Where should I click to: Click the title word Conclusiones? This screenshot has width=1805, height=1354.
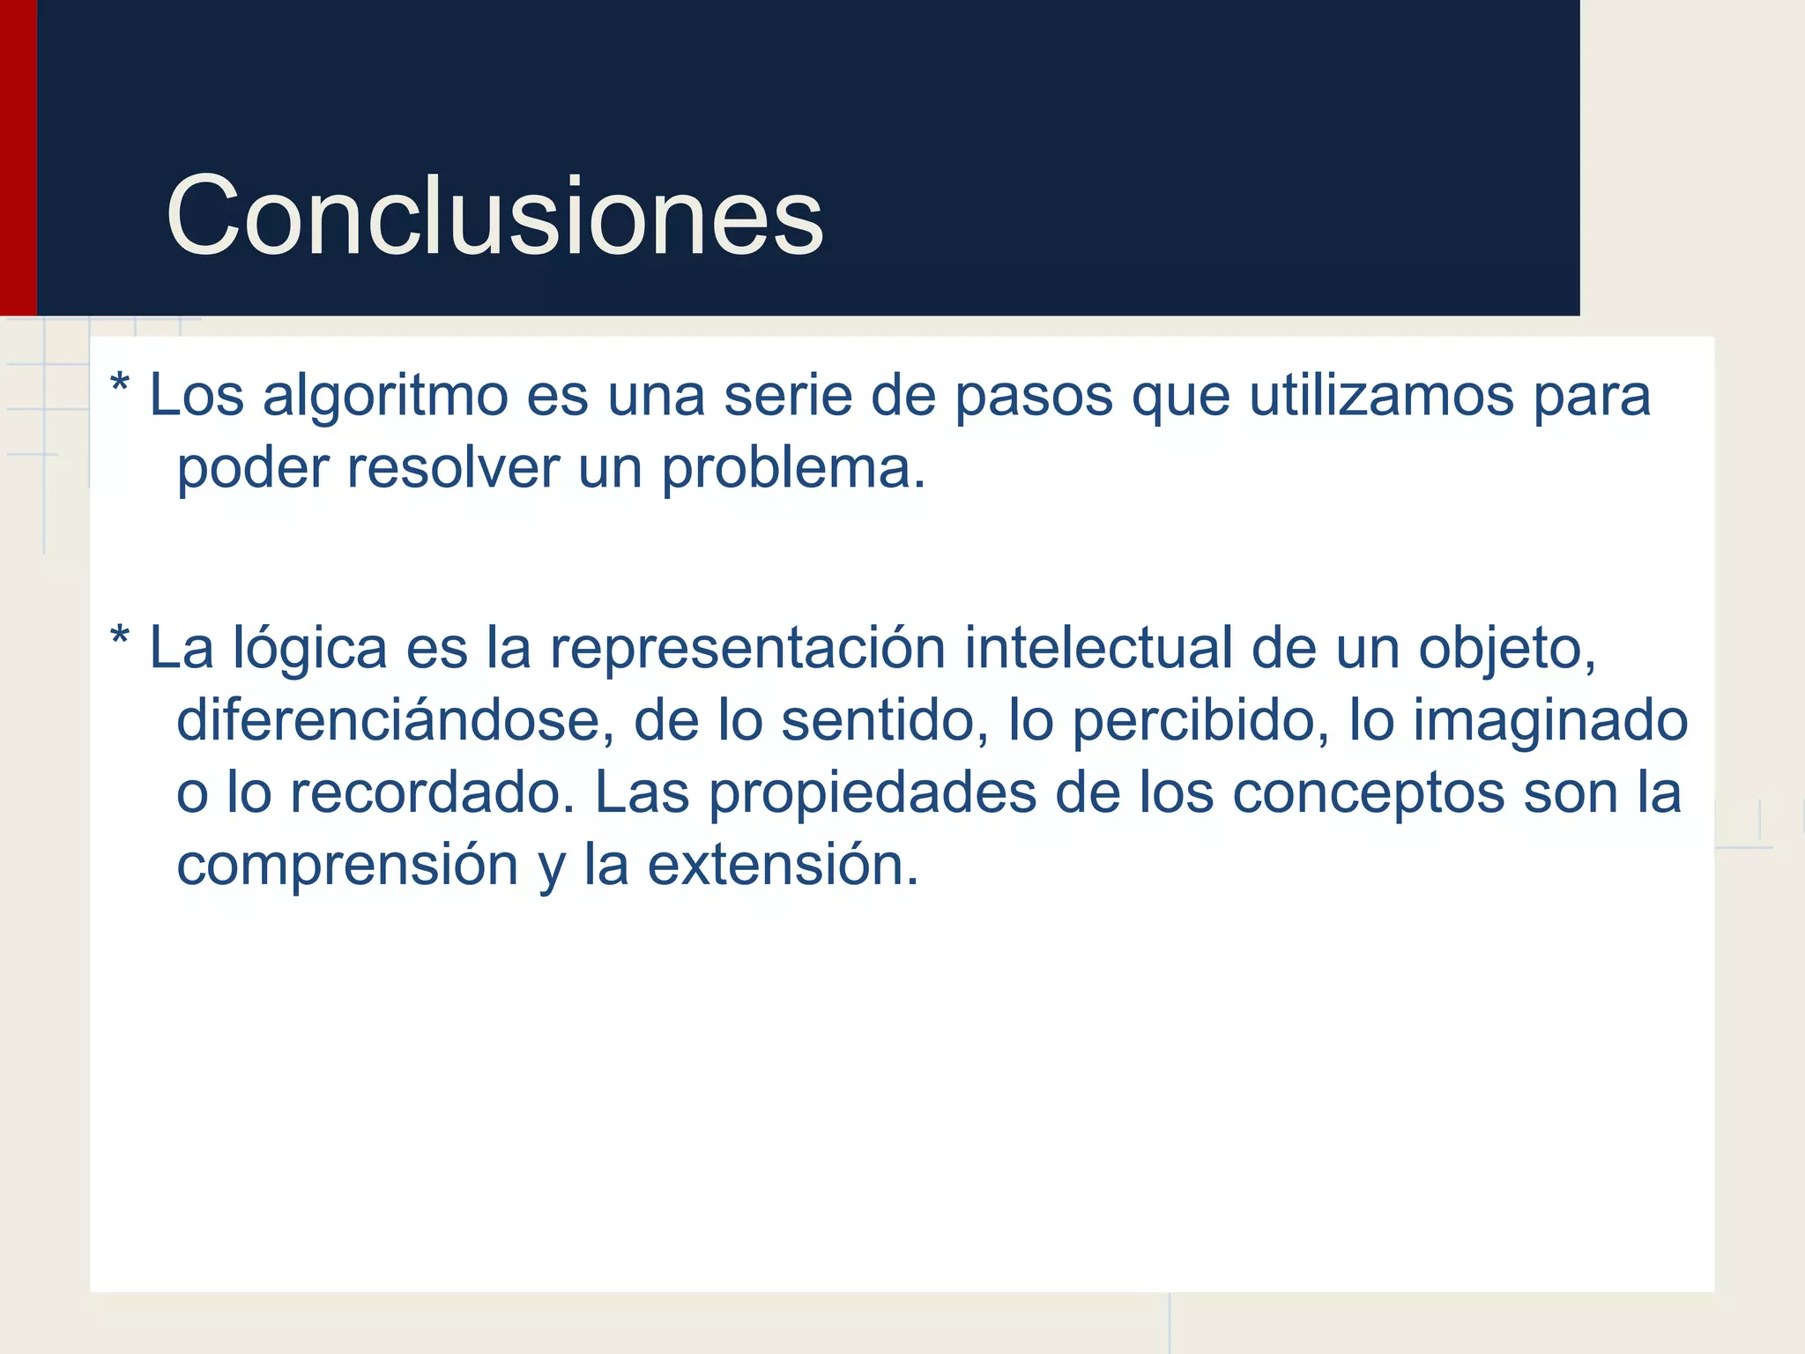click(x=494, y=216)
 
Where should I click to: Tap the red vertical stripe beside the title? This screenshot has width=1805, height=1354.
click(x=18, y=159)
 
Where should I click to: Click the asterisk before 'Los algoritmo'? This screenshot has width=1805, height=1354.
click(x=120, y=388)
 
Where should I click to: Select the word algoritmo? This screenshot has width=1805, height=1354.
click(x=385, y=397)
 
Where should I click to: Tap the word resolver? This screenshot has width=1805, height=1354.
click(x=452, y=469)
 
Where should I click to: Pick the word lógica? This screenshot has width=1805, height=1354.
click(x=309, y=650)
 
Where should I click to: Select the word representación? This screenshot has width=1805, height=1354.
click(x=747, y=650)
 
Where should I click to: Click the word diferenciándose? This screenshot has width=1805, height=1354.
click(x=394, y=721)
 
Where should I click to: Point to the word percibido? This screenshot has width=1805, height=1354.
click(x=1200, y=721)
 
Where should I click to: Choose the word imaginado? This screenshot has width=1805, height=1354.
click(x=1550, y=721)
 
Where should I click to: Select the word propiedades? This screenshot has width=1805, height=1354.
click(x=873, y=793)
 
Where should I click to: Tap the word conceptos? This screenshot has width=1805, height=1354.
click(x=1368, y=793)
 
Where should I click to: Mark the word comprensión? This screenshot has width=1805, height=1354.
click(x=347, y=866)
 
